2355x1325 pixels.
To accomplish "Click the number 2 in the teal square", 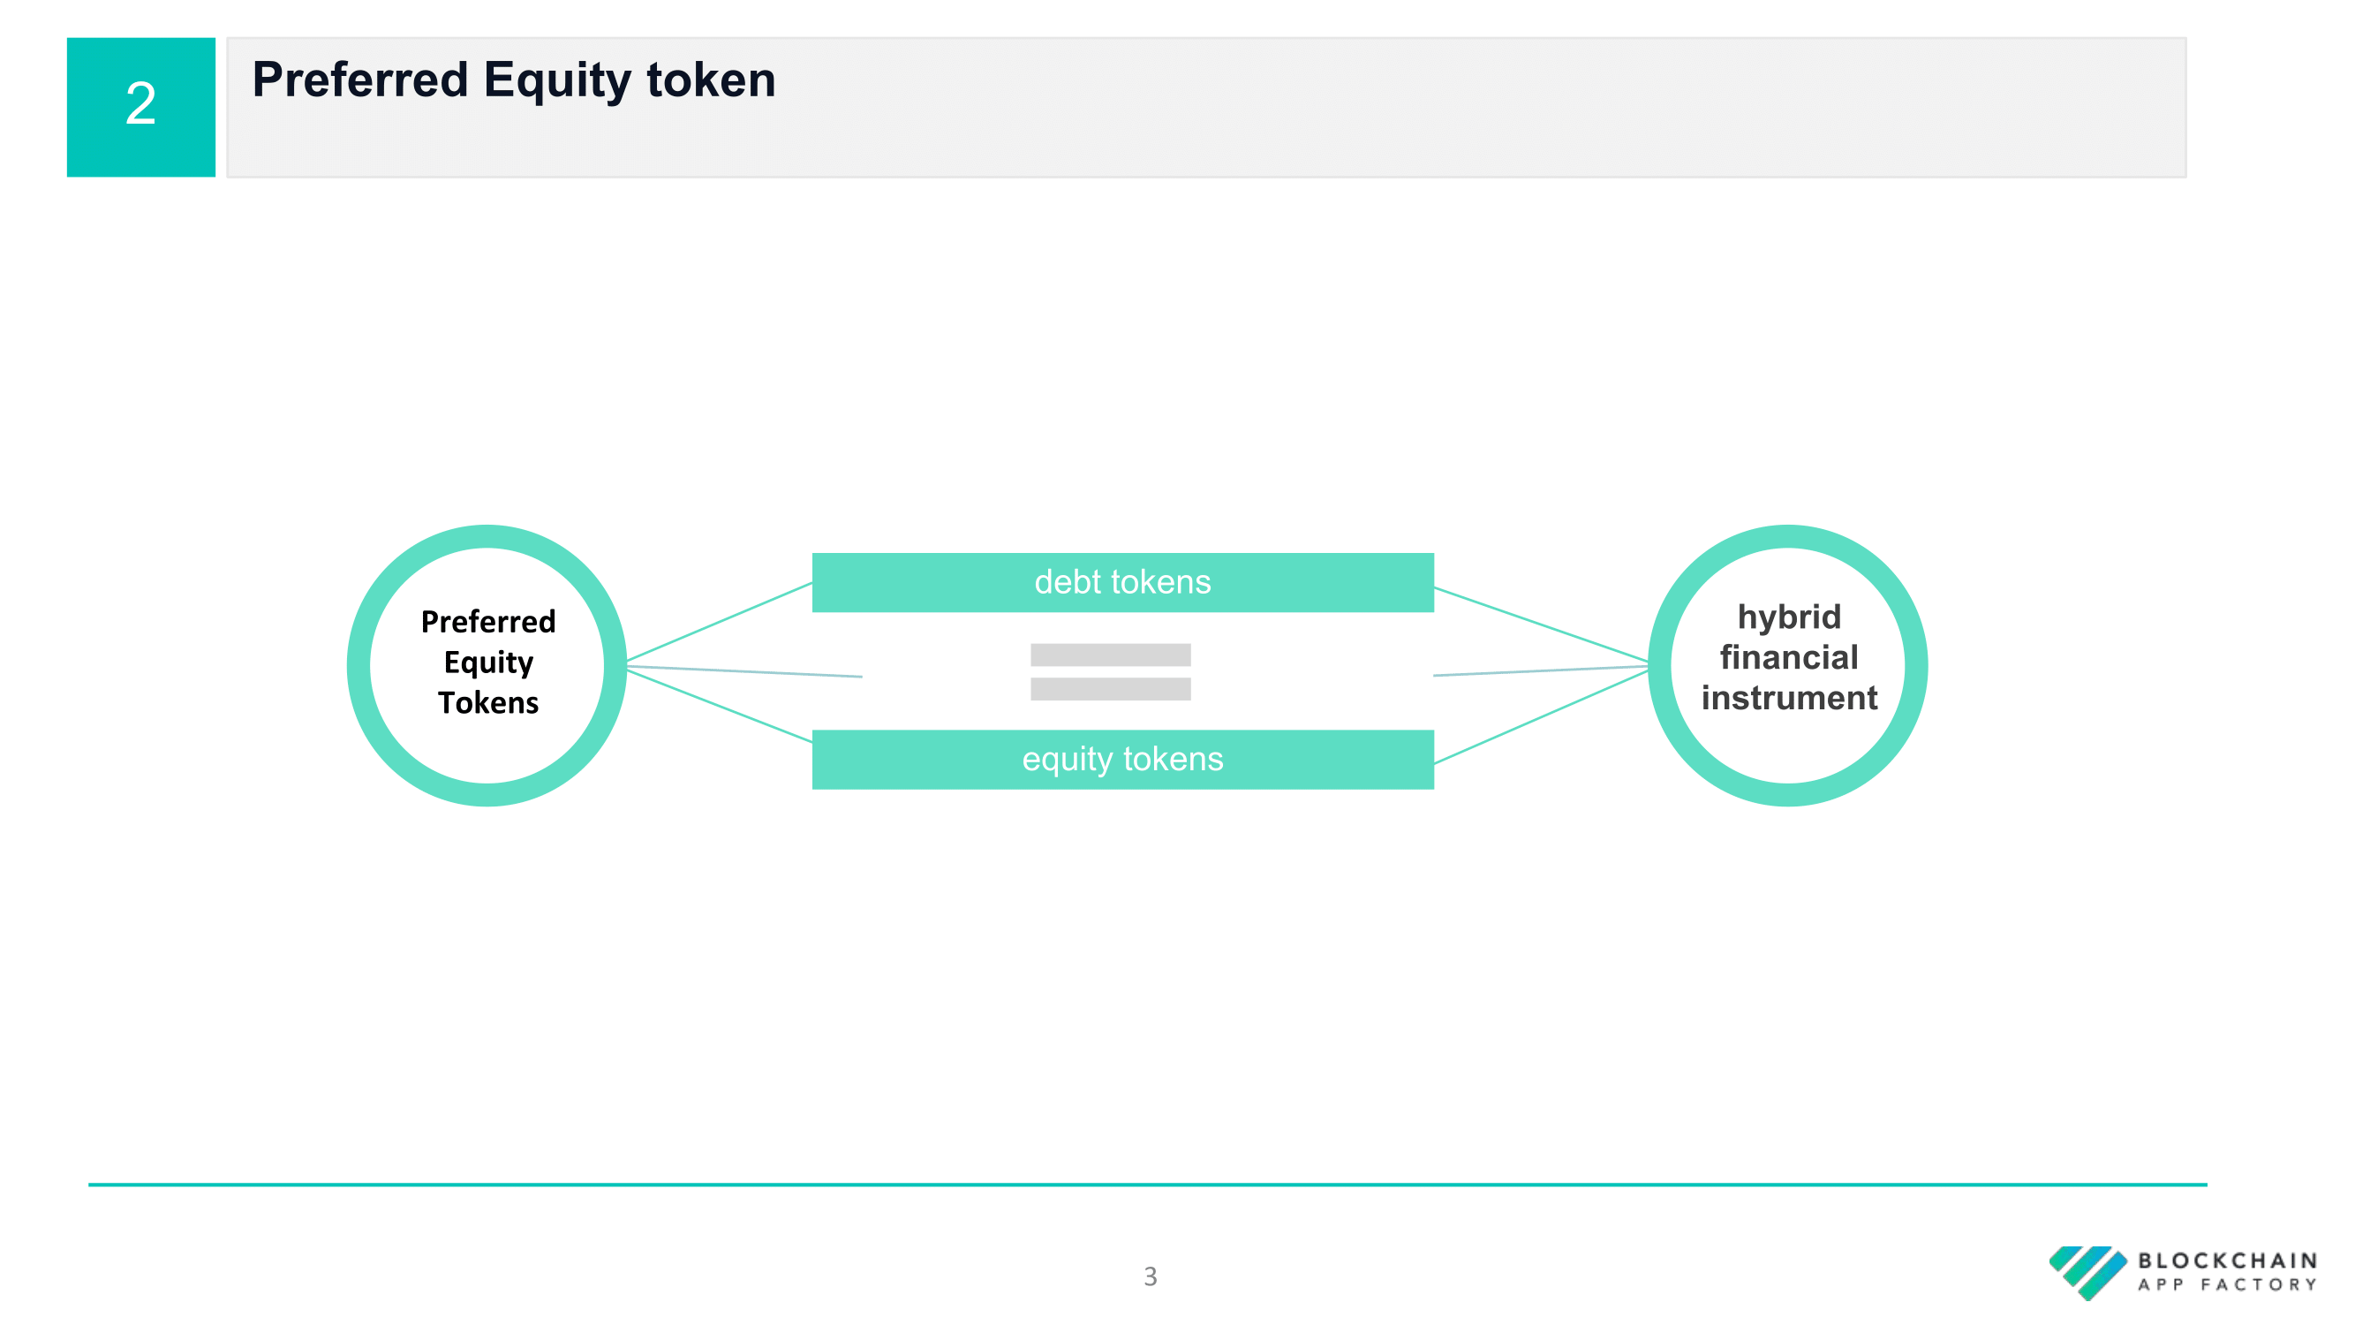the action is tap(140, 102).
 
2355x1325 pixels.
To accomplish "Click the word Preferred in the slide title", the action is tap(360, 79).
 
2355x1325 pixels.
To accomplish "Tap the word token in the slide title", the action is tap(711, 79).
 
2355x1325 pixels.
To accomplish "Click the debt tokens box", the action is tap(1122, 582).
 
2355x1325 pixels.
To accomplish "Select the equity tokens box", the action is tap(1122, 759).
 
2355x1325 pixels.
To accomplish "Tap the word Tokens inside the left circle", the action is tap(488, 702).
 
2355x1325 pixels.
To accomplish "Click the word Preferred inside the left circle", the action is tap(488, 622).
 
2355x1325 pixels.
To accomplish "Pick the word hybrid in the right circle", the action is tap(1789, 618).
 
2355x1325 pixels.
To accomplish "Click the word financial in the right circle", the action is tap(1789, 657).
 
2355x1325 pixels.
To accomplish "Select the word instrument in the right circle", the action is tap(1789, 698).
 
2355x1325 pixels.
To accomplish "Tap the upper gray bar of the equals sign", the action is tap(1111, 655).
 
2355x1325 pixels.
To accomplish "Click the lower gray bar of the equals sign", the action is tap(1111, 689).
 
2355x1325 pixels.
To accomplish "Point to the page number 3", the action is tap(1150, 1276).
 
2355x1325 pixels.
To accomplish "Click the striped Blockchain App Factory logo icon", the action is tap(2088, 1272).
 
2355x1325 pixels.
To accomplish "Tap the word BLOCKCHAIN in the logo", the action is tap(2227, 1261).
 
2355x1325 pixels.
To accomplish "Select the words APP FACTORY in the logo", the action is tap(2227, 1284).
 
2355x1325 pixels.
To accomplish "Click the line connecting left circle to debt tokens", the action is tap(720, 622).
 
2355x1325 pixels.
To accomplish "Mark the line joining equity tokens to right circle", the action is tap(1542, 716).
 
